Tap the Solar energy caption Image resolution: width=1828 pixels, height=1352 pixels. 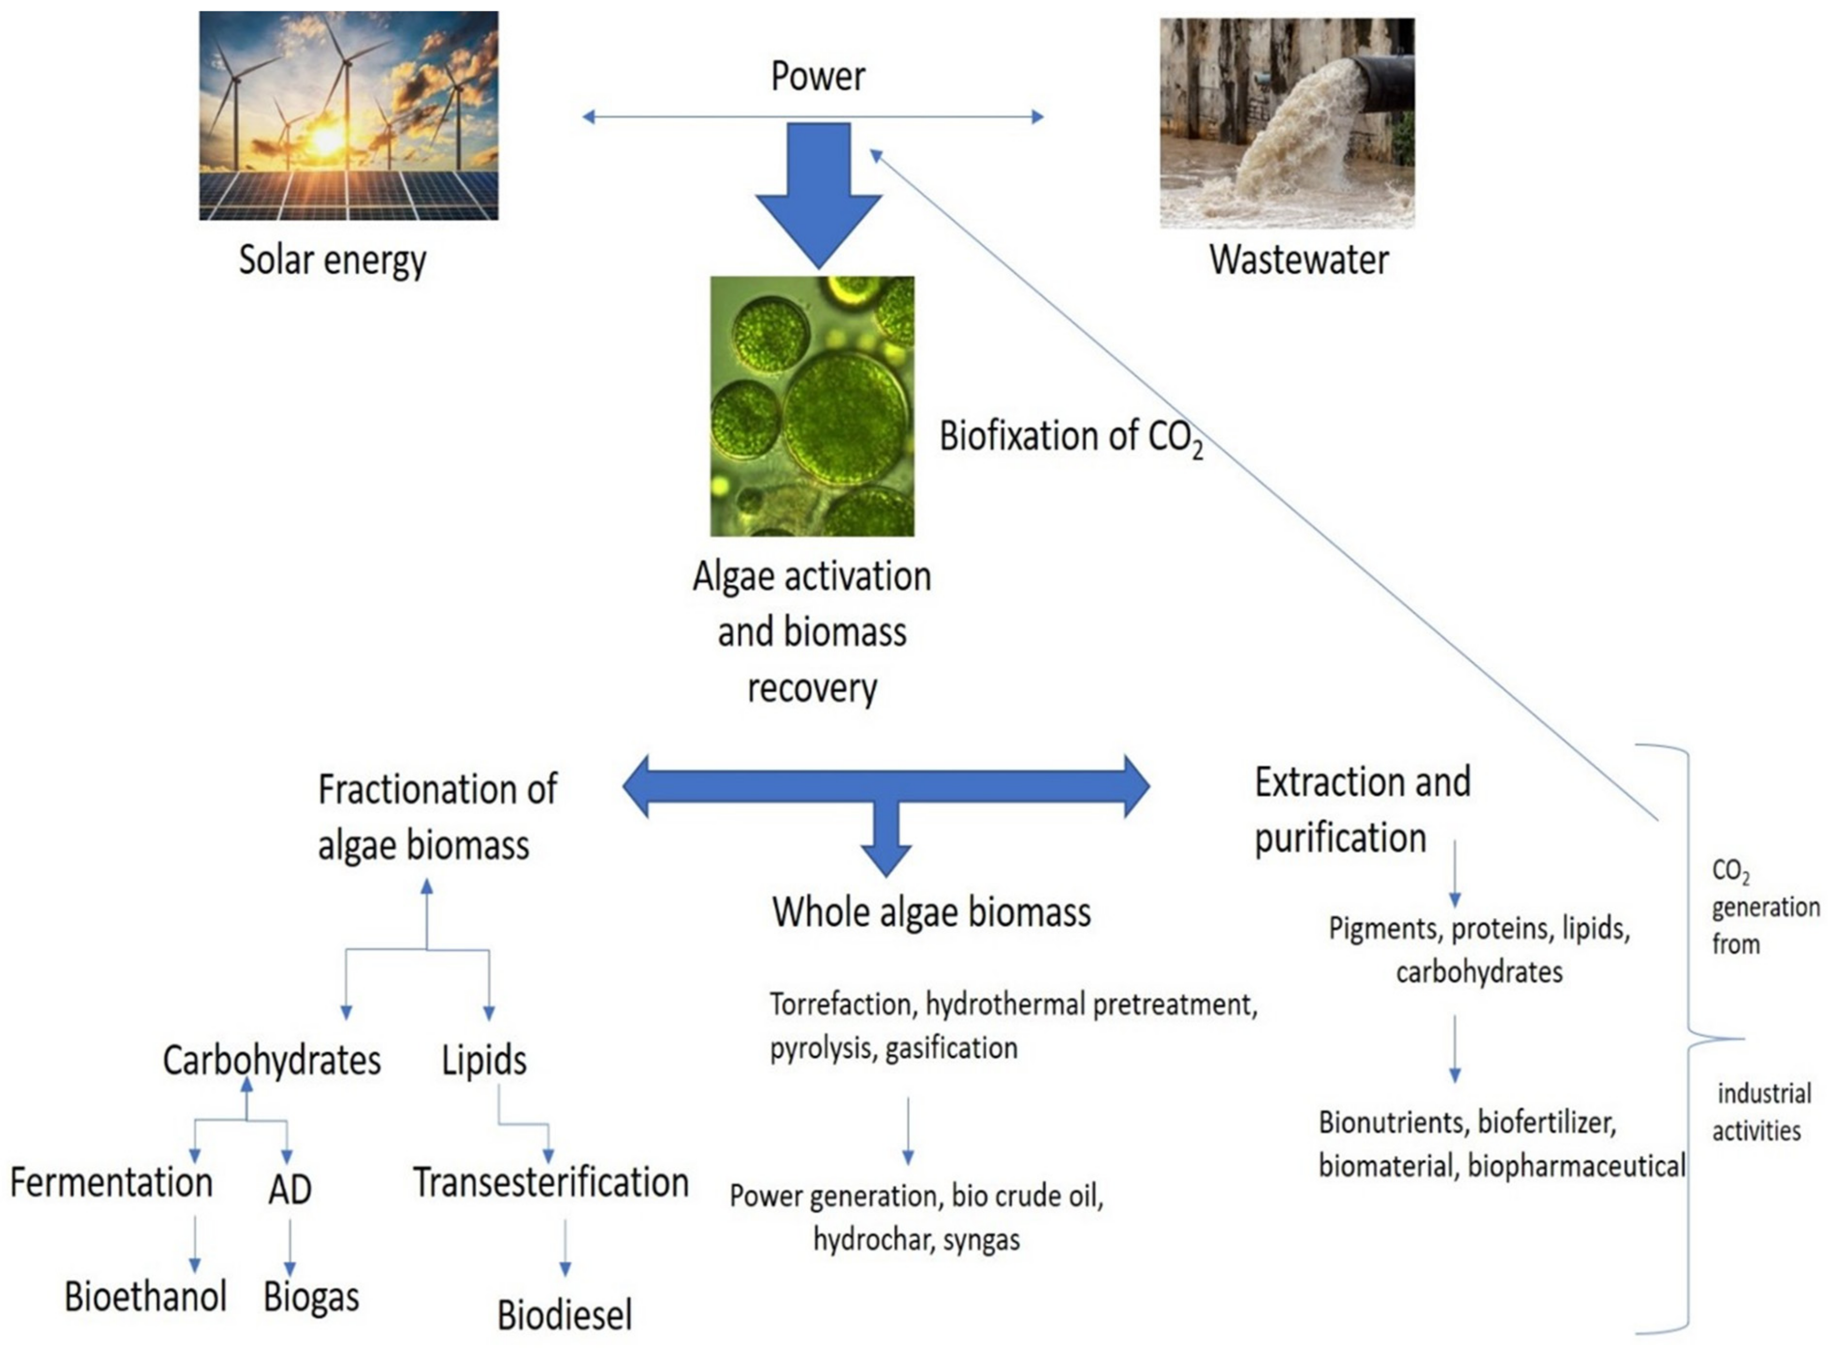click(332, 260)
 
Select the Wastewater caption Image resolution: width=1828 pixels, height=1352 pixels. click(1298, 260)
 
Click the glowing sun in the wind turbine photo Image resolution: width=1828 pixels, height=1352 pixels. click(327, 140)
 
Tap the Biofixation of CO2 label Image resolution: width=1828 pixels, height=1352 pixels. click(1070, 437)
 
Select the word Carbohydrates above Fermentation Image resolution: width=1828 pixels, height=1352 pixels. click(272, 1060)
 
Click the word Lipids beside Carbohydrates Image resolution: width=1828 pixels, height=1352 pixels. click(484, 1060)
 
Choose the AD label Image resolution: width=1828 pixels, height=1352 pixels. click(290, 1189)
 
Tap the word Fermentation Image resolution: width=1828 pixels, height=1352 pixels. click(111, 1183)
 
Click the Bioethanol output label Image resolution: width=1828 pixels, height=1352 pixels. click(145, 1297)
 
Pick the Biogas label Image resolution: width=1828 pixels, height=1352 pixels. click(311, 1297)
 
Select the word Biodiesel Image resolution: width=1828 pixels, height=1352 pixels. click(565, 1315)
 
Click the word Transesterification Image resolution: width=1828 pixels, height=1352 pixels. click(551, 1183)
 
